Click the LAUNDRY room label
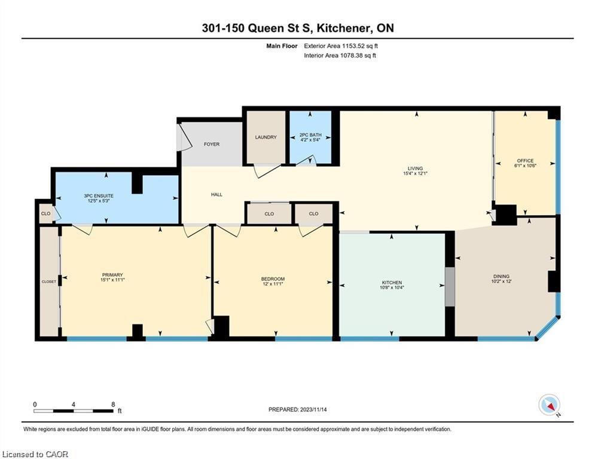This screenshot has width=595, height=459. tap(266, 137)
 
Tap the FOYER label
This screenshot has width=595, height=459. tap(212, 144)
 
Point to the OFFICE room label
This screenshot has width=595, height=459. tap(525, 160)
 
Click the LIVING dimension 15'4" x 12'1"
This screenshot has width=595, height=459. tap(415, 173)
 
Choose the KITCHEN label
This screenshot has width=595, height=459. tap(392, 283)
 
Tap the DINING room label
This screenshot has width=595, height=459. tap(501, 276)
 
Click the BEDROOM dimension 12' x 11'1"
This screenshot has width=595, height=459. tap(273, 284)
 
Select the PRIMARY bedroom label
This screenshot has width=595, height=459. tap(112, 275)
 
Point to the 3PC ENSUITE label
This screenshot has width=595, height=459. tap(99, 196)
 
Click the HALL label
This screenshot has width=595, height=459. tap(216, 194)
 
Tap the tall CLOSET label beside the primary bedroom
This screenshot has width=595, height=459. tap(48, 281)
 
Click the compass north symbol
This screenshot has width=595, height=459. tap(550, 406)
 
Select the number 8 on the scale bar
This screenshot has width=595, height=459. tap(113, 405)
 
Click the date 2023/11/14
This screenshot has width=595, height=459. tap(313, 409)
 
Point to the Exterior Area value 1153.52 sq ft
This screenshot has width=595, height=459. tap(360, 46)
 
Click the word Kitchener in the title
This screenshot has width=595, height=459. tap(344, 27)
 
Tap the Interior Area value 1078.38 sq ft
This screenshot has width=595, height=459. tap(358, 56)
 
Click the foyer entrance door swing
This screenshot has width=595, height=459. tap(184, 137)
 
